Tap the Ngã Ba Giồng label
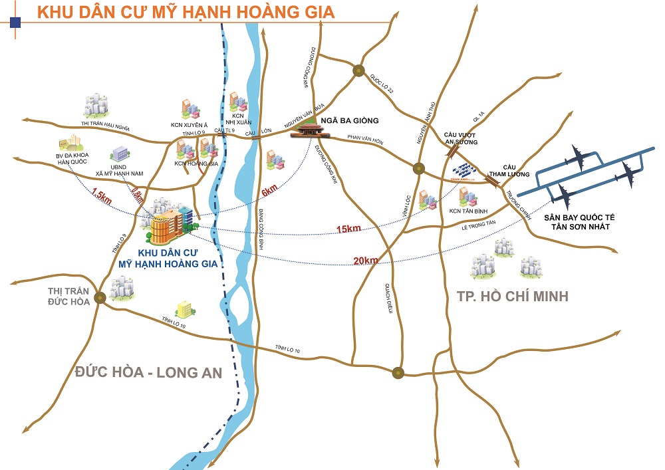pyautogui.click(x=349, y=120)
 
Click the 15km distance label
pyautogui.click(x=348, y=229)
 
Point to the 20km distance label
pyautogui.click(x=366, y=260)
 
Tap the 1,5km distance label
pyautogui.click(x=100, y=197)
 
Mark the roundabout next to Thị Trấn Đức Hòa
pyautogui.click(x=100, y=298)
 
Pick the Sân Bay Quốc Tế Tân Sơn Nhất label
pyautogui.click(x=577, y=221)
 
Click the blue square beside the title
pyautogui.click(x=16, y=23)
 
